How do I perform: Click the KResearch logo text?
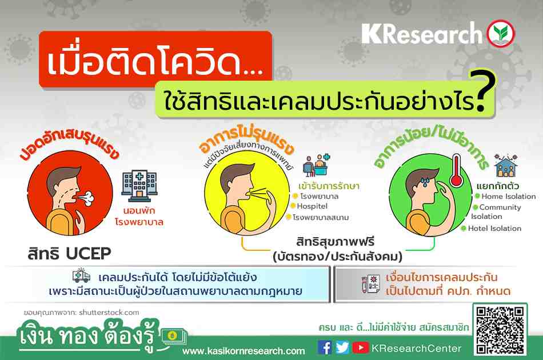coord(422,34)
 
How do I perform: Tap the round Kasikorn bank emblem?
coord(501,34)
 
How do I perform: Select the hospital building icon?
coord(139,186)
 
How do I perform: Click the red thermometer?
coord(457,171)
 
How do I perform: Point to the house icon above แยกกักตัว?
coord(506,166)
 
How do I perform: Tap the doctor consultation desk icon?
coord(316,166)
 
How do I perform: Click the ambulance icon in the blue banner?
coord(81,276)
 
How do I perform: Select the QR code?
coord(500,330)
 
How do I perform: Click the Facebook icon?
coord(325,347)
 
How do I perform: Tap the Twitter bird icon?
coord(342,347)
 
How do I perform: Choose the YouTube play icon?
coord(361,347)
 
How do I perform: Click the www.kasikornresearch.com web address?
coord(243,351)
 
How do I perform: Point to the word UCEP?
coord(89,253)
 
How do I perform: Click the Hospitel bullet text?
coord(312,206)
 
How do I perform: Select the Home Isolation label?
coord(508,196)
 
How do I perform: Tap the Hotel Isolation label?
coord(494,229)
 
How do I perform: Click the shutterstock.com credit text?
coord(109,313)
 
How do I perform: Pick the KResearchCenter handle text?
coord(416,348)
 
